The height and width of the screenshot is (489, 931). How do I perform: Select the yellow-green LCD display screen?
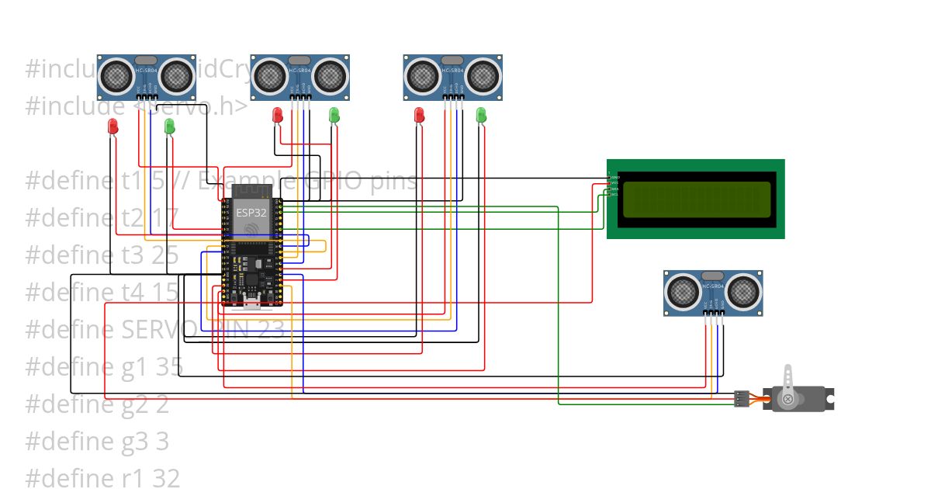pyautogui.click(x=697, y=199)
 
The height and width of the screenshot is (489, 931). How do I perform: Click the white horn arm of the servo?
pyautogui.click(x=788, y=380)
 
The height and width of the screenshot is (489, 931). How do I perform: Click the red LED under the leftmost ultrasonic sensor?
pyautogui.click(x=112, y=126)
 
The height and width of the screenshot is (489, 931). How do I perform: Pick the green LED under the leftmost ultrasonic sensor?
pyautogui.click(x=170, y=126)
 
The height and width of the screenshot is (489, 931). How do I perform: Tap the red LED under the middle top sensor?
pyautogui.click(x=277, y=115)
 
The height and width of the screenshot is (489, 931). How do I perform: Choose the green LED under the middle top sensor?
pyautogui.click(x=334, y=115)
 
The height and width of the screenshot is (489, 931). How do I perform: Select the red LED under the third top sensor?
pyautogui.click(x=420, y=115)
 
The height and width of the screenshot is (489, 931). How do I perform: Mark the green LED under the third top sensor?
pyautogui.click(x=480, y=115)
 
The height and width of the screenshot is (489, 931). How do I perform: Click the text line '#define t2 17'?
pyautogui.click(x=102, y=218)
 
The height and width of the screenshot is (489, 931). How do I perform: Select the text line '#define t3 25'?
pyautogui.click(x=102, y=255)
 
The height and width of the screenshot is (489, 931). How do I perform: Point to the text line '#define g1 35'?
pyautogui.click(x=96, y=367)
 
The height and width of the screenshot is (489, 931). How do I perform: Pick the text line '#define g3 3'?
pyautogui.click(x=96, y=442)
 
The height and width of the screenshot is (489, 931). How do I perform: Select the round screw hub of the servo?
pyautogui.click(x=788, y=399)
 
